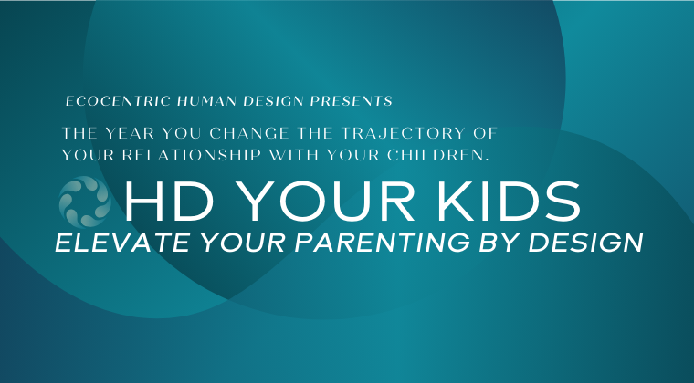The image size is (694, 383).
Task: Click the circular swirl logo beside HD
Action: point(85,202)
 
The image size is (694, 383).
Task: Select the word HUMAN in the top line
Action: point(206,101)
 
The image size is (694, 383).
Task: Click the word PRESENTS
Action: point(351,101)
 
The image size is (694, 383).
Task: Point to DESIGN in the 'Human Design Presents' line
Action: point(273,101)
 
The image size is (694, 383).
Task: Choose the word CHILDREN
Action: point(438,155)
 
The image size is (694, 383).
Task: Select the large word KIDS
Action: point(509,202)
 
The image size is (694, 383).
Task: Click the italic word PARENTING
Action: point(382,243)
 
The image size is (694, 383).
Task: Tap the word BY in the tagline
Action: point(499,243)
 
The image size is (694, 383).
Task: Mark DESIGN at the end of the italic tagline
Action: point(585,243)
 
